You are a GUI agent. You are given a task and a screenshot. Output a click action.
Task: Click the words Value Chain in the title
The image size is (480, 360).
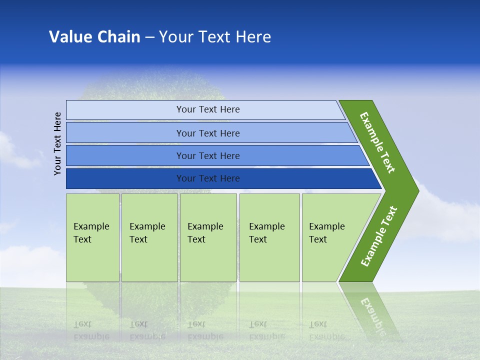tap(94, 37)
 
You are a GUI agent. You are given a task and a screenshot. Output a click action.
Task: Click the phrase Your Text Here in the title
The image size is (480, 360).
tap(215, 37)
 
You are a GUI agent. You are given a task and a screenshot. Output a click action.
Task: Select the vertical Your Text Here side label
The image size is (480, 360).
tap(57, 143)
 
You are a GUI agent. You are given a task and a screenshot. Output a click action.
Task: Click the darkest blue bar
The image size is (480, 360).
tap(125, 178)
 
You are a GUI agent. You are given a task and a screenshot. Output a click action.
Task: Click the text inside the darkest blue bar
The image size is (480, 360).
tap(208, 178)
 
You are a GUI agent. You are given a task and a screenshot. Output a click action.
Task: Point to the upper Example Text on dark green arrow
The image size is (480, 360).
tap(377, 142)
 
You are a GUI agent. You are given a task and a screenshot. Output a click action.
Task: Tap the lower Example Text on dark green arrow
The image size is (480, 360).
tap(379, 236)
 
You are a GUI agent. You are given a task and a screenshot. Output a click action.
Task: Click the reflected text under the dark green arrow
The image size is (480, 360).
tap(372, 315)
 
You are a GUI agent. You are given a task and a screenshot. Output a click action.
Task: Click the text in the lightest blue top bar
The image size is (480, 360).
tap(208, 109)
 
